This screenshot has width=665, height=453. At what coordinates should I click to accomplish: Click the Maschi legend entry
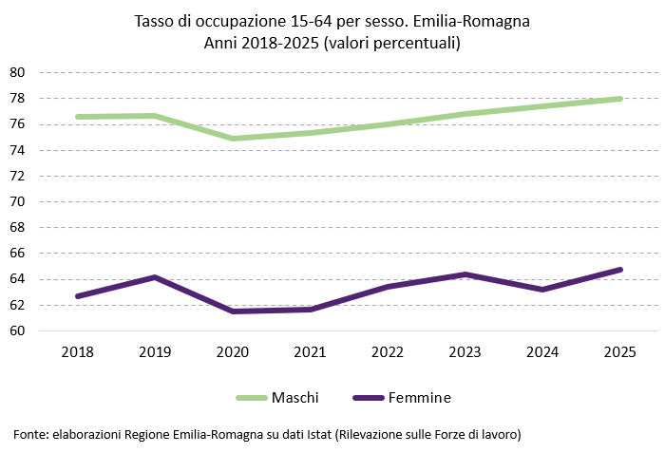pyautogui.click(x=276, y=397)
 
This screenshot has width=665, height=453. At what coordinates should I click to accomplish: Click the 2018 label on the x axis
pyautogui.click(x=77, y=351)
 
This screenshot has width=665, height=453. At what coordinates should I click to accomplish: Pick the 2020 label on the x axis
pyautogui.click(x=232, y=351)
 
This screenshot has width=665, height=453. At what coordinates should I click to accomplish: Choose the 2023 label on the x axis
pyautogui.click(x=465, y=351)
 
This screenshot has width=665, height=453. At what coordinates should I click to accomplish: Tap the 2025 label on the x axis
pyautogui.click(x=619, y=351)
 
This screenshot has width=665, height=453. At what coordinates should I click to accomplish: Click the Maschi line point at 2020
pyautogui.click(x=232, y=139)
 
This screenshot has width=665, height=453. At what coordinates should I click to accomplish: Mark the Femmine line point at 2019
pyautogui.click(x=155, y=277)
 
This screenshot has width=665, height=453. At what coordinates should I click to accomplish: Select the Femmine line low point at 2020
pyautogui.click(x=232, y=311)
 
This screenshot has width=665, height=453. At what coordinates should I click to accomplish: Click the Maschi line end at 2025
pyautogui.click(x=619, y=99)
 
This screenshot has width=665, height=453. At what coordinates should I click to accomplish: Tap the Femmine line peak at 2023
pyautogui.click(x=465, y=274)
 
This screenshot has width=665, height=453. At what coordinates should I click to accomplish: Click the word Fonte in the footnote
pyautogui.click(x=29, y=434)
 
